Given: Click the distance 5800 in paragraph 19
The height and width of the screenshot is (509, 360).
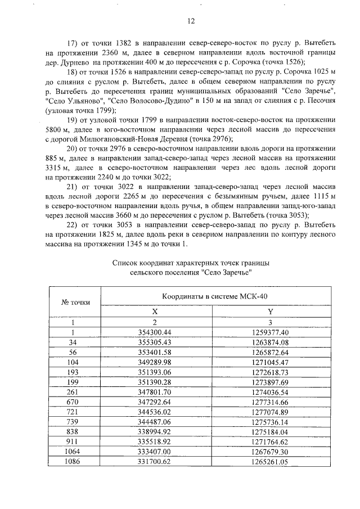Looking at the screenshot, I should tap(58, 130).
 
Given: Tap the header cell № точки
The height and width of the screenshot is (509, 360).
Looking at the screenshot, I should tap(75, 303).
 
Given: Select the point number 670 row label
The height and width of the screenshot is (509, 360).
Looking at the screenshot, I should tap(72, 403).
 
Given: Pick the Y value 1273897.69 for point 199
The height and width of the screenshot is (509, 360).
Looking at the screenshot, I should tap(270, 382).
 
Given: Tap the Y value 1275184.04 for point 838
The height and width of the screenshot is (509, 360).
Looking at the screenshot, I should tap(270, 433).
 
